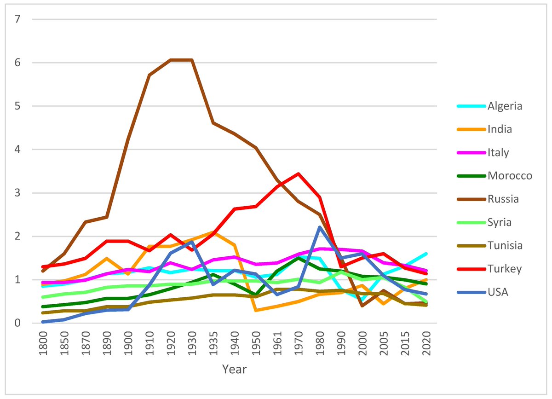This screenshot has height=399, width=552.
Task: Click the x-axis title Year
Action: pos(234,369)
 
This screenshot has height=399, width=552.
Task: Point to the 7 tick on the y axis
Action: pos(18,19)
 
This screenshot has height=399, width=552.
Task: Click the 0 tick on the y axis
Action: pos(18,323)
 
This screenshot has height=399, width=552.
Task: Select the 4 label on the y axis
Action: pos(18,150)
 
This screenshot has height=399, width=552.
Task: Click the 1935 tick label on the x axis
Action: pos(213,343)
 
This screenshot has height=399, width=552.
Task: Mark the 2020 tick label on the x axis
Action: pos(426,343)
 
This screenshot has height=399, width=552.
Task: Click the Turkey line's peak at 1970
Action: pos(298,174)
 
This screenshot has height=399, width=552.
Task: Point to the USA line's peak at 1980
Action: pos(320,227)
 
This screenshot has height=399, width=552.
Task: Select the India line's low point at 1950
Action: pos(256,310)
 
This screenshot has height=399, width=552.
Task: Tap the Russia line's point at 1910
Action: pos(149,75)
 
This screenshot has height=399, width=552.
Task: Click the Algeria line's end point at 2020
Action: pos(426,254)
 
